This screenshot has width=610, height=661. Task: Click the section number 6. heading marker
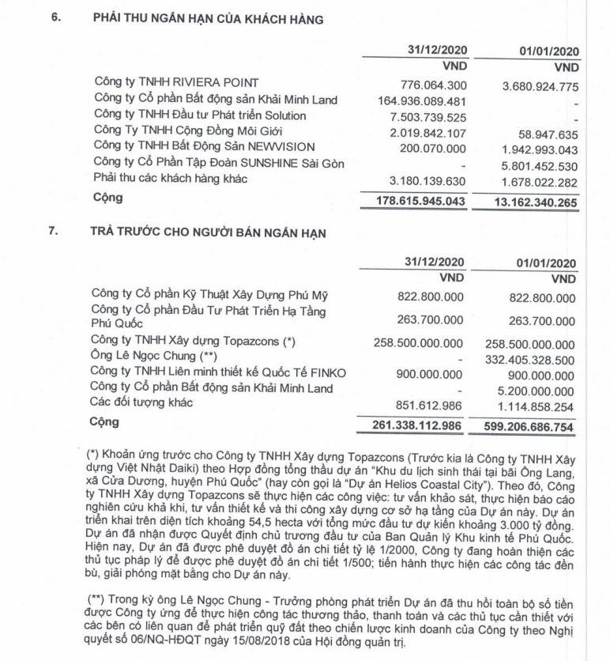(x=56, y=20)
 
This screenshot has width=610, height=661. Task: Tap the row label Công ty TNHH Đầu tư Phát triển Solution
(x=199, y=115)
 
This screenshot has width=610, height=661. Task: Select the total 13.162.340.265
(x=533, y=202)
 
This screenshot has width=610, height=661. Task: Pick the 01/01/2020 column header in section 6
(x=549, y=51)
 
